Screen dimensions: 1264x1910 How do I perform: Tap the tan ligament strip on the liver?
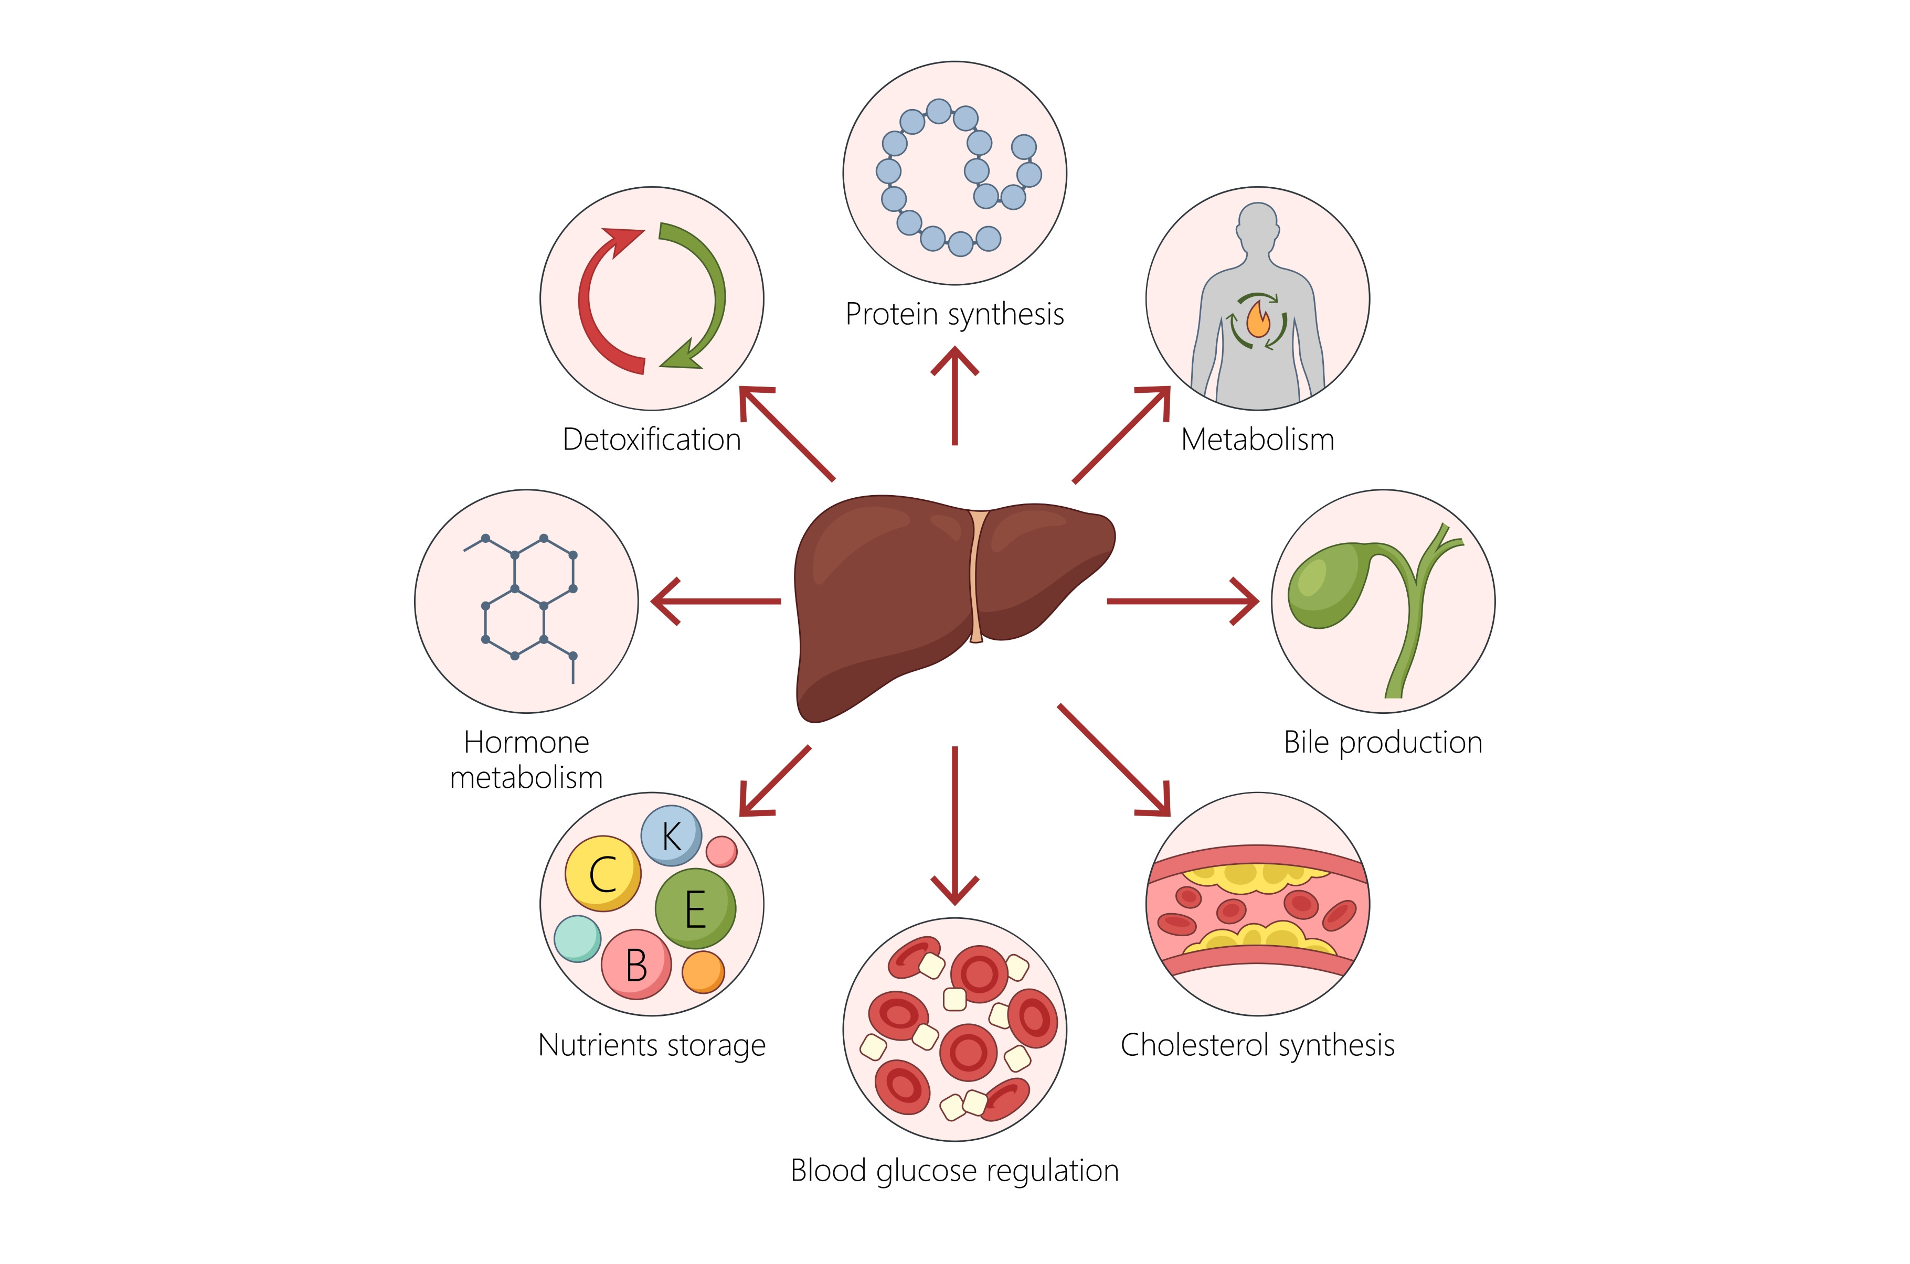tap(975, 576)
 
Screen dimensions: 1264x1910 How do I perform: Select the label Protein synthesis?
tap(954, 314)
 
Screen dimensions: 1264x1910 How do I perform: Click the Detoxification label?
tap(652, 440)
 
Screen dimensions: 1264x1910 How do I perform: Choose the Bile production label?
tap(1383, 742)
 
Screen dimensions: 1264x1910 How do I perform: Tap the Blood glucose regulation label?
tap(954, 1171)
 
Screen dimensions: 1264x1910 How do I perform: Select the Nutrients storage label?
tap(652, 1045)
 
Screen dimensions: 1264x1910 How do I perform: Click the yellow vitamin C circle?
tap(602, 874)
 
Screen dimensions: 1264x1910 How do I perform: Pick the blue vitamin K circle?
tap(671, 835)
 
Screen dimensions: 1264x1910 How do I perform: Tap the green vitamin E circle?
tap(695, 908)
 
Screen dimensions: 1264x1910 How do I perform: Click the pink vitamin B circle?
tap(635, 964)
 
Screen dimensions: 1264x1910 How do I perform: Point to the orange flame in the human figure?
tap(1258, 320)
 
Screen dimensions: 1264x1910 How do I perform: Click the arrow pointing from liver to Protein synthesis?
tap(954, 395)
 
